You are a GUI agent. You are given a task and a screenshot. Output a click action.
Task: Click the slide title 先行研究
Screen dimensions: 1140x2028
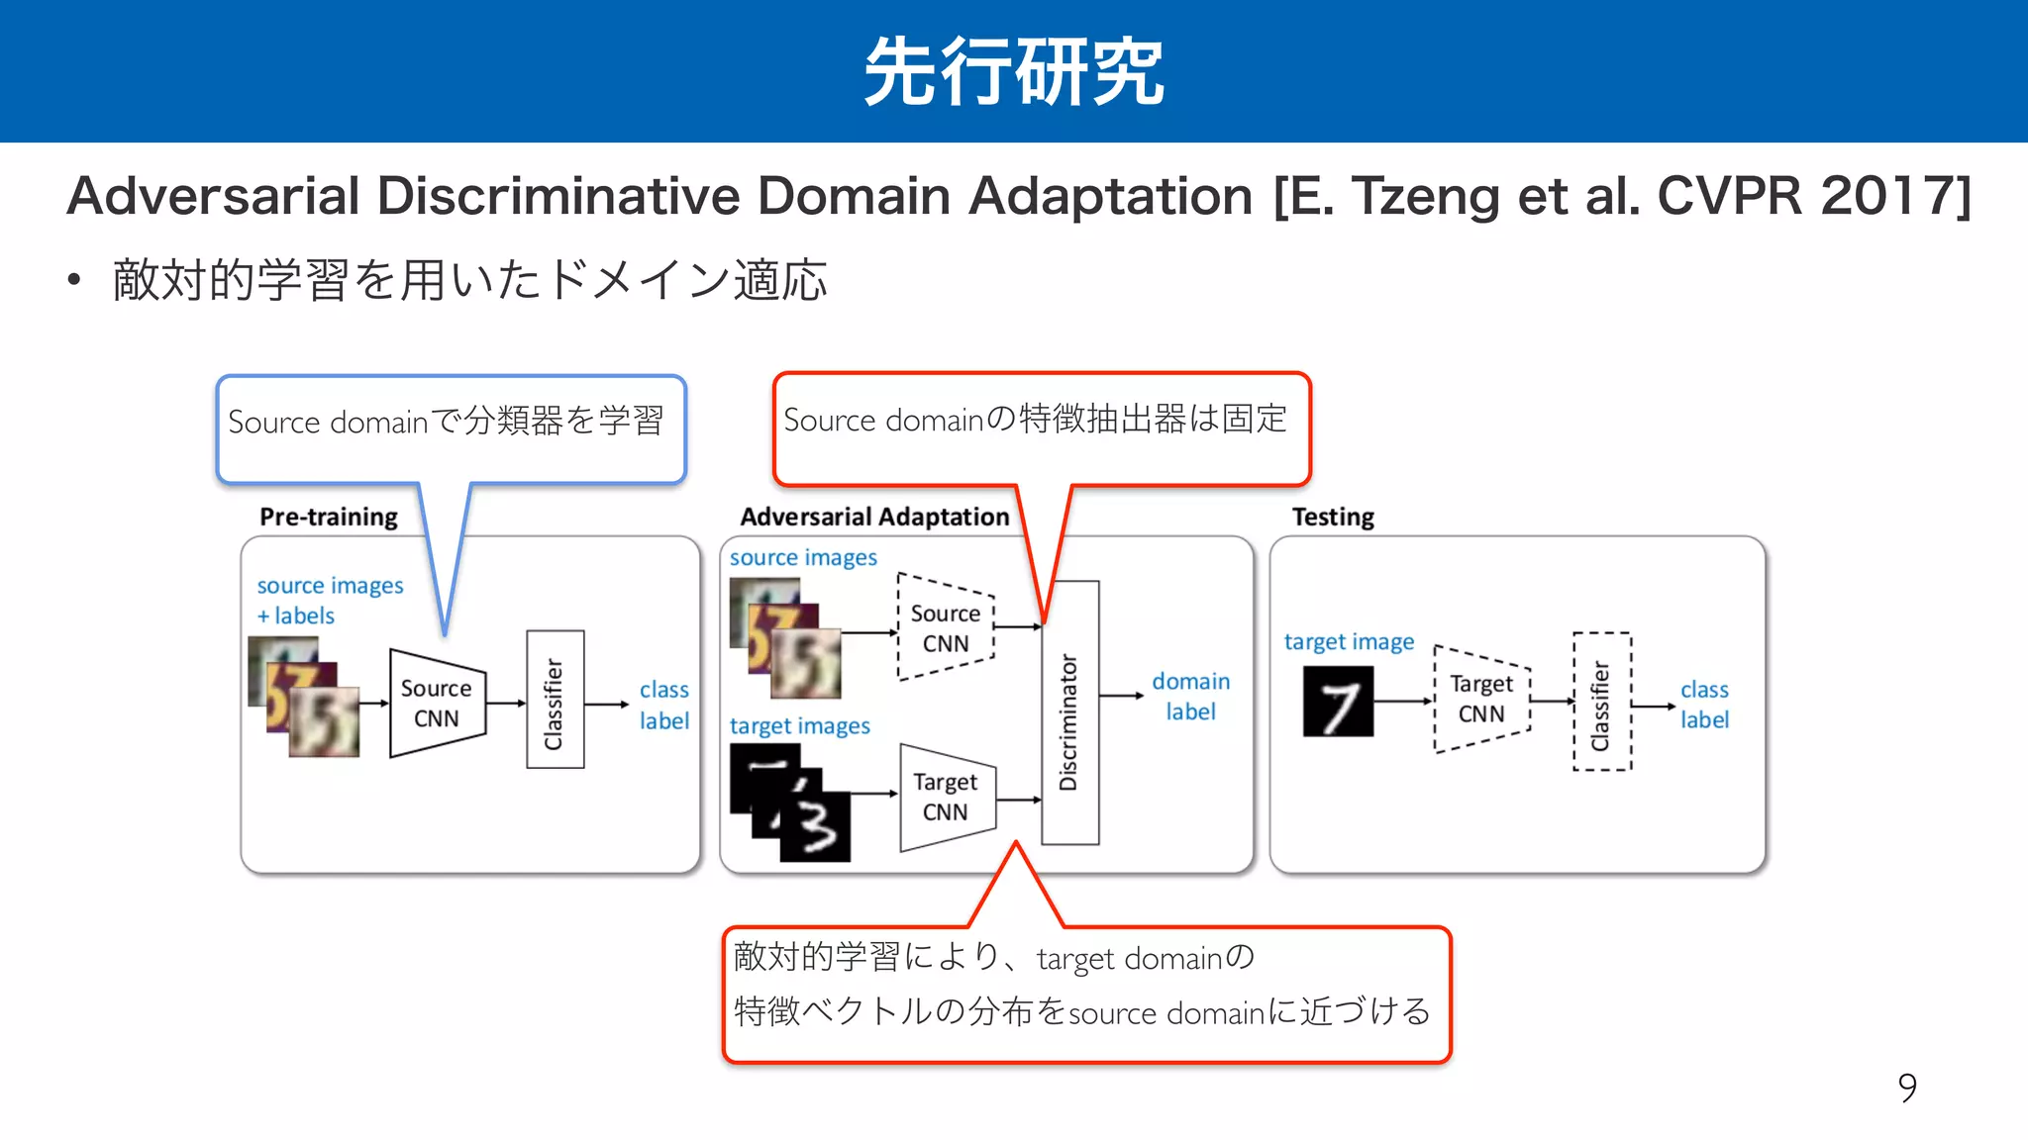1013,71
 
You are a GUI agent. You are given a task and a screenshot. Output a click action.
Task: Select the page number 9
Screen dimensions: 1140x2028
1907,1088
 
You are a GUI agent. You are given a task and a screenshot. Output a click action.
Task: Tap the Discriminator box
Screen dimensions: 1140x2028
1069,712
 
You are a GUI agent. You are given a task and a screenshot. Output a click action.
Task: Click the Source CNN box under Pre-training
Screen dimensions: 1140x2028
437,704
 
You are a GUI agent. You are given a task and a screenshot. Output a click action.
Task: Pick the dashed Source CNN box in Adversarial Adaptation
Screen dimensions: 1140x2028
946,627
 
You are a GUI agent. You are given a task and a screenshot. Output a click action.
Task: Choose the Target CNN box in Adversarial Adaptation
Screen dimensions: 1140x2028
946,797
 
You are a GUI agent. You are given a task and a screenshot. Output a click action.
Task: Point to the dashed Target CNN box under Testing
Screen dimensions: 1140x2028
1481,699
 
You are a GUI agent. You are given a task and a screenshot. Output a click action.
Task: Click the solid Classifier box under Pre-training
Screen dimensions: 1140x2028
555,699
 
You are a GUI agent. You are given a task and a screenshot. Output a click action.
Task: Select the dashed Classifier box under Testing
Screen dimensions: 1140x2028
1601,701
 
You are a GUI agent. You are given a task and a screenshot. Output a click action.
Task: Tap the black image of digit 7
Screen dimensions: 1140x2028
1338,702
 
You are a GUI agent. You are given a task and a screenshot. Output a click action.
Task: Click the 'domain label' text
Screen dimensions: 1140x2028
1190,697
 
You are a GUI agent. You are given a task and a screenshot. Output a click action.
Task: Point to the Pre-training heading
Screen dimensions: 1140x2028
329,517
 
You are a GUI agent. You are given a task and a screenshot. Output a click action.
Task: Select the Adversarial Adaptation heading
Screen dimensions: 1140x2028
874,517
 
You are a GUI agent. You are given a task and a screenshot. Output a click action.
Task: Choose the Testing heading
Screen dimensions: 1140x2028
1333,517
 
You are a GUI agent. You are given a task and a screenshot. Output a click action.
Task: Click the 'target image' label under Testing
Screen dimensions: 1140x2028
1349,642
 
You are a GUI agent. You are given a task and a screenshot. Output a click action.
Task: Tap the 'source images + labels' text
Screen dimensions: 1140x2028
330,600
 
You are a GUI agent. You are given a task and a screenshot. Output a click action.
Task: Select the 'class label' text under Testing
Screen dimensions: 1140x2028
1704,705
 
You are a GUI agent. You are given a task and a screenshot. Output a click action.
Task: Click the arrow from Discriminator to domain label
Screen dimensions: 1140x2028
1121,696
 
